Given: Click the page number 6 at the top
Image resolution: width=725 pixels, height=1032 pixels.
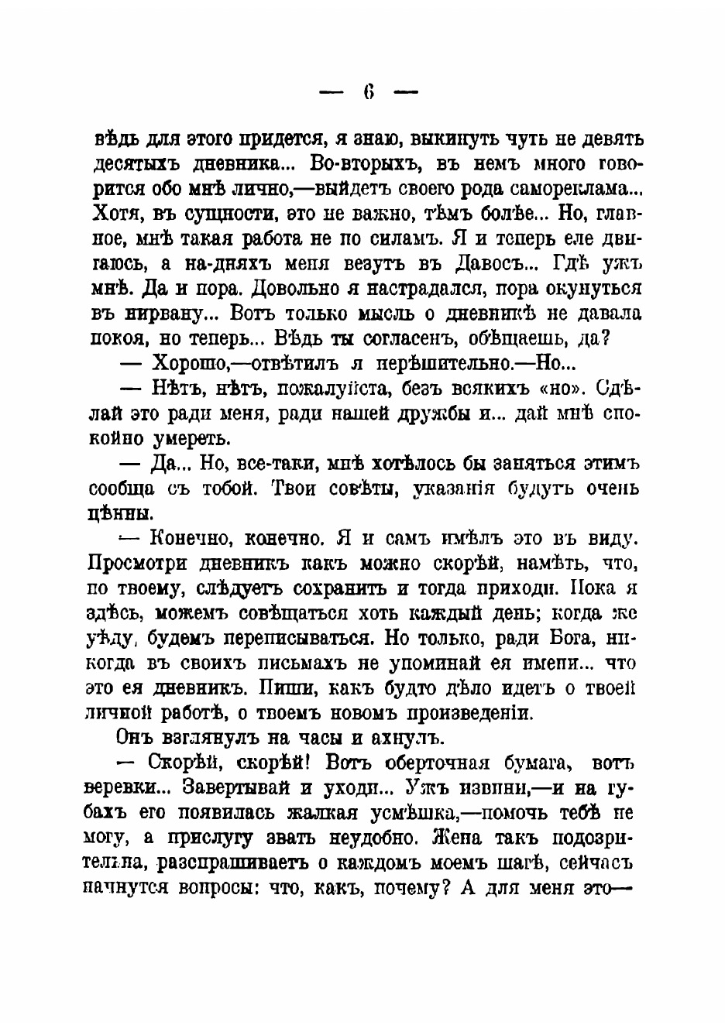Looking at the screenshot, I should pyautogui.click(x=369, y=92).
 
